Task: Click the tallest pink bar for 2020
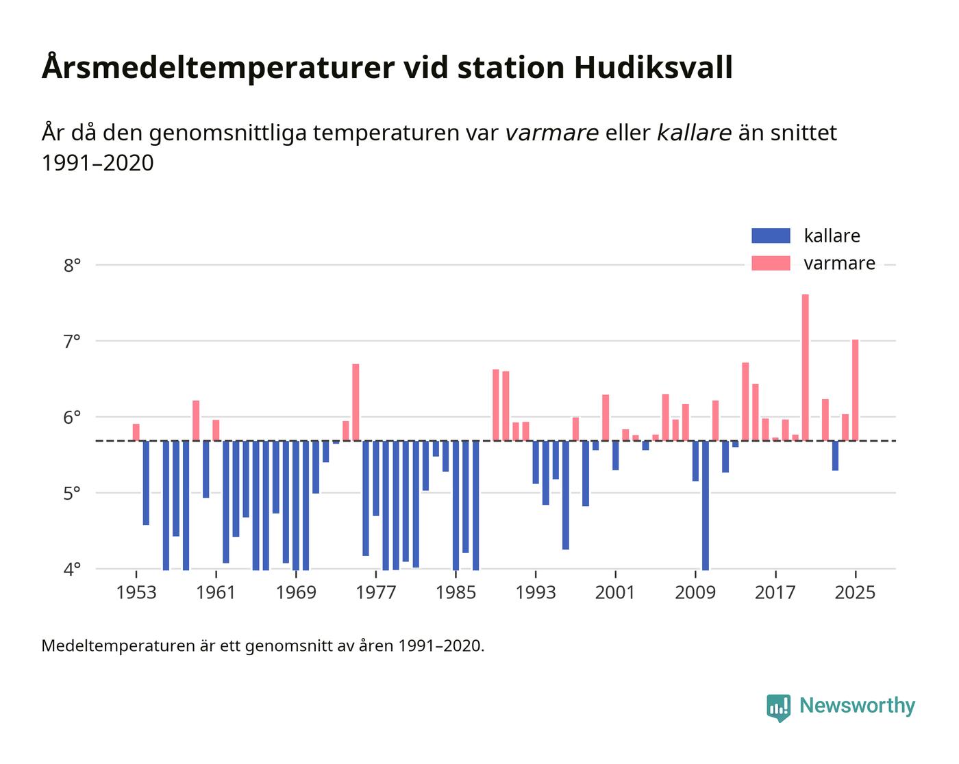click(x=805, y=368)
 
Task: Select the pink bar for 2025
click(x=855, y=390)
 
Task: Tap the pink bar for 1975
click(x=356, y=403)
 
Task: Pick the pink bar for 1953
click(x=136, y=433)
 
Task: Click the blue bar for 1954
click(x=146, y=483)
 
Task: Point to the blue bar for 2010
click(x=706, y=505)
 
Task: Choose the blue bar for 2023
click(x=835, y=456)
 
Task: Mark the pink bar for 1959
click(x=196, y=421)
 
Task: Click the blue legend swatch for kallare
click(x=771, y=236)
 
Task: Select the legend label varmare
click(x=839, y=264)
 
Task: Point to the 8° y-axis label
click(x=73, y=265)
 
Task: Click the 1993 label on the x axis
click(x=536, y=592)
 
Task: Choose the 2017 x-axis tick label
click(x=775, y=592)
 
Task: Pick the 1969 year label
click(x=296, y=592)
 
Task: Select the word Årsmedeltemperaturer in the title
click(x=217, y=68)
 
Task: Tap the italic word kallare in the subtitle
click(x=694, y=133)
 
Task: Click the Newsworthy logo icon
click(x=778, y=707)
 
